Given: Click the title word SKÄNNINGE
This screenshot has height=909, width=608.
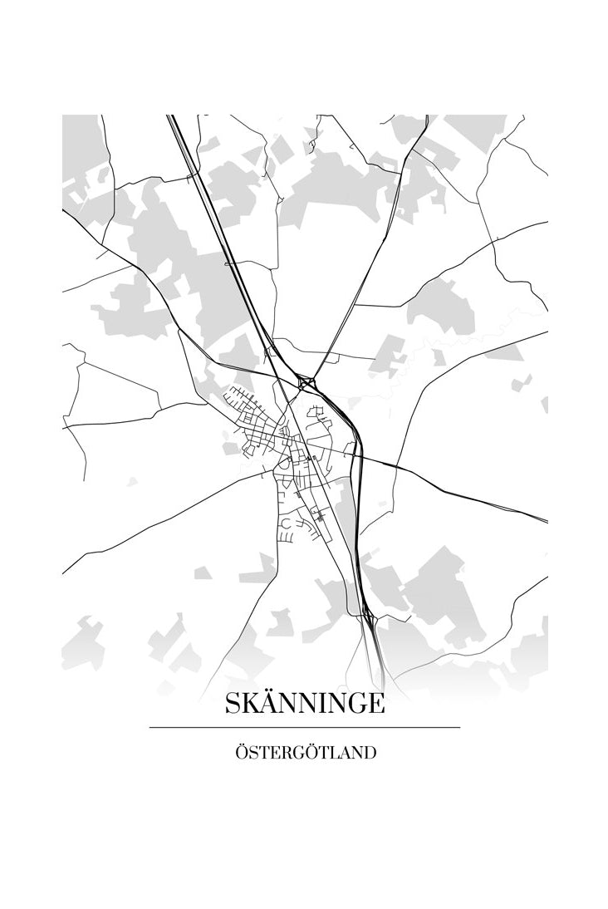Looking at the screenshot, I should [304, 704].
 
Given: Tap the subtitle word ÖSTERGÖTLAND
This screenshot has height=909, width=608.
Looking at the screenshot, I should [305, 753].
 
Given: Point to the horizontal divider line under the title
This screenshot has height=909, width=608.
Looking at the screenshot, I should [304, 727].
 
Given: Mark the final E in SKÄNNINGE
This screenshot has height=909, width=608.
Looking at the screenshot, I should [375, 705].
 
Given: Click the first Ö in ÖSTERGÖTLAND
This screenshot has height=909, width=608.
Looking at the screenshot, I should [242, 753].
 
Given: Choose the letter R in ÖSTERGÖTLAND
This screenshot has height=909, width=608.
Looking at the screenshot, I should [291, 754].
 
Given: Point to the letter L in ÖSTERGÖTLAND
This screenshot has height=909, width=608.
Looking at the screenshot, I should [335, 754].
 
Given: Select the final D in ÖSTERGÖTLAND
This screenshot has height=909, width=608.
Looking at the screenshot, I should [370, 754].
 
